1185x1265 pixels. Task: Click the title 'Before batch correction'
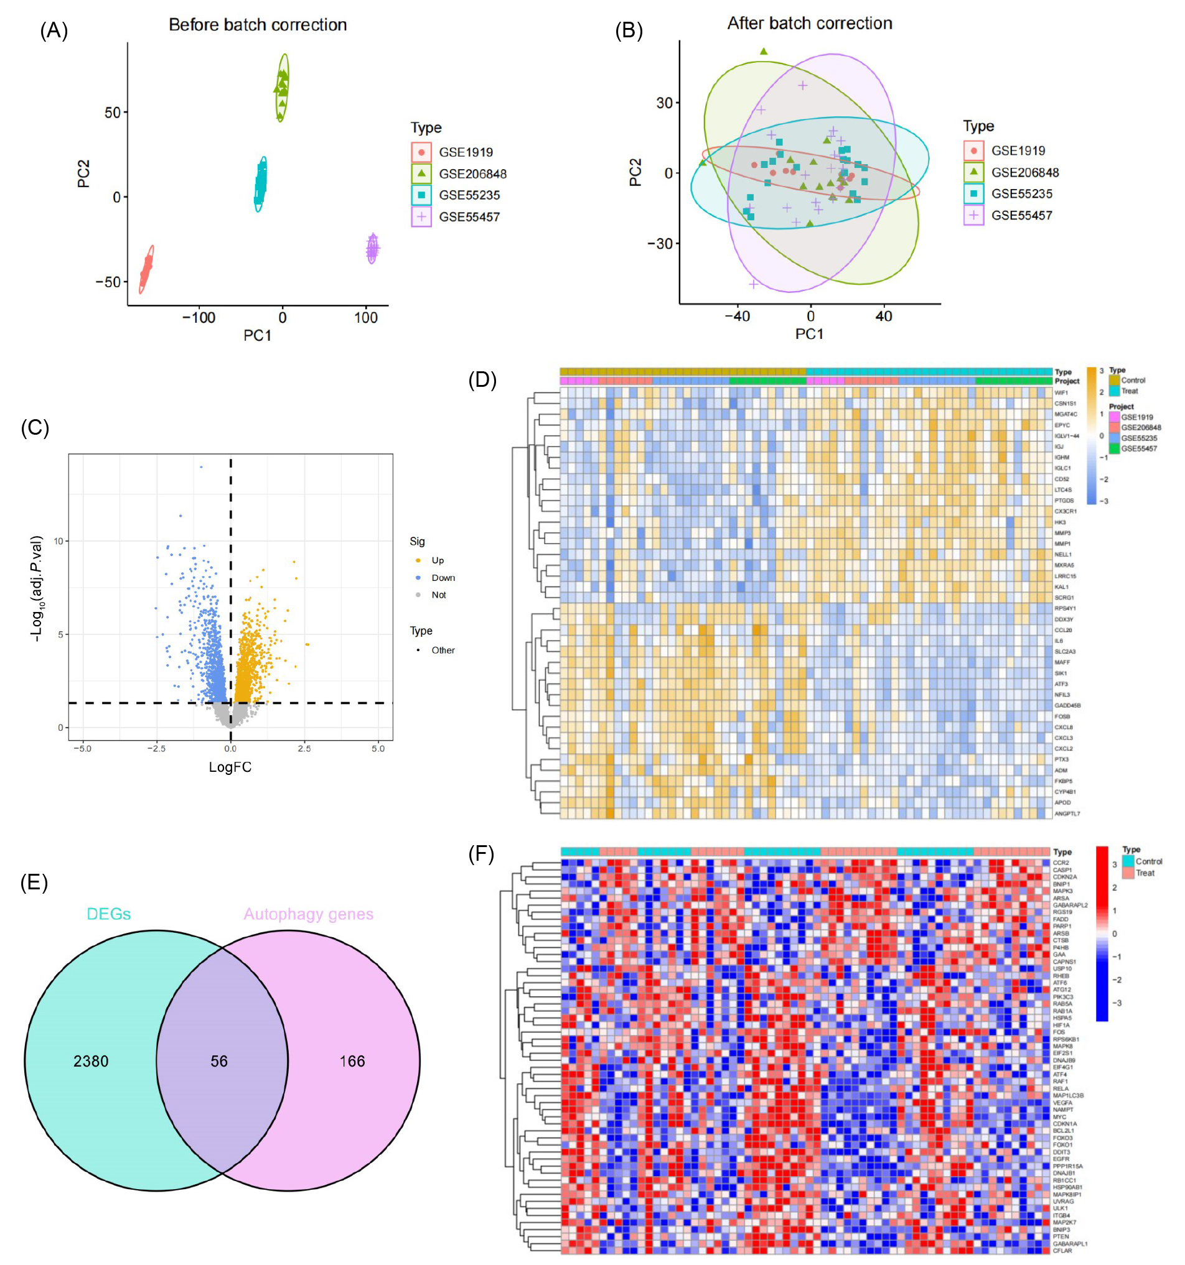[257, 25]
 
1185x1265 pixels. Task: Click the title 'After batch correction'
[809, 24]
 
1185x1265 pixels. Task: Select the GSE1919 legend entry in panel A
[466, 153]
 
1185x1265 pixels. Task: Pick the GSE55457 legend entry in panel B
[1021, 216]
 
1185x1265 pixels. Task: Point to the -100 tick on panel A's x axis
[199, 318]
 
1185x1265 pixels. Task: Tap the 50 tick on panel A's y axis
[112, 113]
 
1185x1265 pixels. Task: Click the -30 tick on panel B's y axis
[660, 244]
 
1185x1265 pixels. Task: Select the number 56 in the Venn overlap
[219, 1062]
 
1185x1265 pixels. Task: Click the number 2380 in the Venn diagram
[91, 1062]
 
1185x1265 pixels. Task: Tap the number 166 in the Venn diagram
[352, 1062]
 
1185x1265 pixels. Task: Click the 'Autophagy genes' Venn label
[308, 914]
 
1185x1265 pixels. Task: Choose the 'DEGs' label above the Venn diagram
[109, 914]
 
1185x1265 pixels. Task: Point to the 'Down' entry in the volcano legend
[443, 578]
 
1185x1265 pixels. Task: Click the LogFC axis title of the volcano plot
[230, 767]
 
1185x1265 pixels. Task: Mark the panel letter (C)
[35, 428]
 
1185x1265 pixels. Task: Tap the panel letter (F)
[481, 854]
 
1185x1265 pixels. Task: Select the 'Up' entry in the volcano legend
[438, 560]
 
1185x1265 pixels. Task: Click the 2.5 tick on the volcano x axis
[304, 749]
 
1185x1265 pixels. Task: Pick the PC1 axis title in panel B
[809, 334]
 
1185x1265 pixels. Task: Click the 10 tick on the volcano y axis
[59, 542]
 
